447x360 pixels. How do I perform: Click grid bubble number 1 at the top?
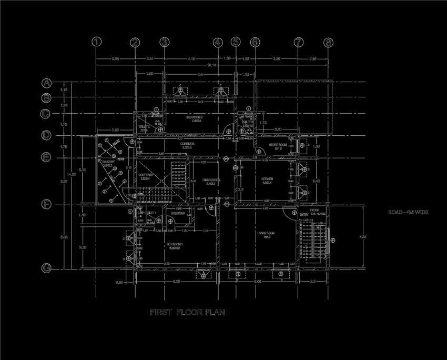pos(96,42)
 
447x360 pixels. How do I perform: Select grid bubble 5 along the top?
pos(236,42)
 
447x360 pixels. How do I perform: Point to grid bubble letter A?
pos(46,83)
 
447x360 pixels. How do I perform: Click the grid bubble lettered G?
pos(46,268)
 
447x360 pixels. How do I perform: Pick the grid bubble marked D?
pos(46,136)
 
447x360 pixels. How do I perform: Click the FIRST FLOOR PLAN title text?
pos(188,313)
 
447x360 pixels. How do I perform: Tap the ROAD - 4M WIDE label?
pos(409,212)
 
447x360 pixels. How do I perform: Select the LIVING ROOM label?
pos(266,233)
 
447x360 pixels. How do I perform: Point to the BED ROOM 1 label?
pos(174,245)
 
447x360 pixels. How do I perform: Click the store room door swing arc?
pos(260,152)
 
